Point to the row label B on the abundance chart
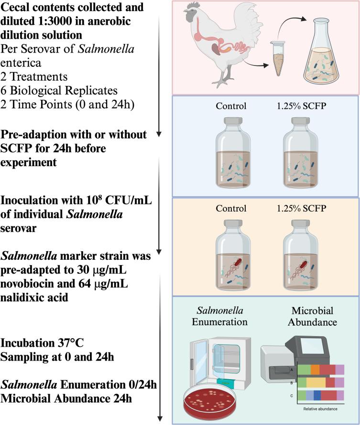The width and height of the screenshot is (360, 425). pos(291,382)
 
